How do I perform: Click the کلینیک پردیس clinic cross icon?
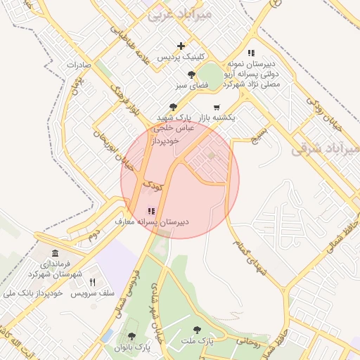click(x=181, y=46)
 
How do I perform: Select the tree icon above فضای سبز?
click(x=191, y=75)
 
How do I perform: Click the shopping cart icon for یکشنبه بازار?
click(x=215, y=107)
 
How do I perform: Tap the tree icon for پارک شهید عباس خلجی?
click(x=174, y=107)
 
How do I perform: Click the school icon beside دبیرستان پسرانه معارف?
click(x=150, y=210)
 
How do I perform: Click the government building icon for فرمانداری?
click(x=56, y=253)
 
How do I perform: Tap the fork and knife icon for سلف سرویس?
click(x=92, y=282)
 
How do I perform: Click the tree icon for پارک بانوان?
click(x=131, y=337)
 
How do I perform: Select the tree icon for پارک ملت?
click(x=197, y=330)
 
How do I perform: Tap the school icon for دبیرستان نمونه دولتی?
click(x=251, y=53)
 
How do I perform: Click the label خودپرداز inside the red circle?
click(x=167, y=141)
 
